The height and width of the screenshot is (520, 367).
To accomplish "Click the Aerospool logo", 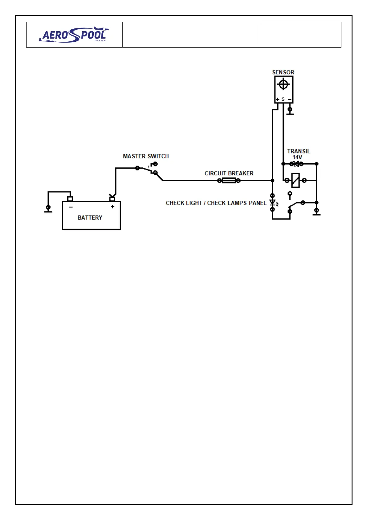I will pos(74,35).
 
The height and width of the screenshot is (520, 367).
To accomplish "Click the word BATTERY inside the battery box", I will pos(90,218).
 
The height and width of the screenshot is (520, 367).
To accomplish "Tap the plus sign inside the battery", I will pos(113,207).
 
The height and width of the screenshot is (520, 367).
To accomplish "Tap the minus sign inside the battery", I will pos(71,207).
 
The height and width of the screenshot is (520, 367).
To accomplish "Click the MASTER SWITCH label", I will pos(146,156).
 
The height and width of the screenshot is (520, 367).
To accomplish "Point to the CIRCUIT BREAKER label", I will pos(229,174).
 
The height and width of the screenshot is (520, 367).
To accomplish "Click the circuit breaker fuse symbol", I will pos(229,181).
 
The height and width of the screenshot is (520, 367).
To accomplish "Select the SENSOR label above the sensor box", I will pos(283,72).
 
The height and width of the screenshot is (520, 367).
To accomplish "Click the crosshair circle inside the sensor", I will pos(283,84).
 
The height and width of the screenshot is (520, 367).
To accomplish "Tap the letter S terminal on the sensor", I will pos(283,99).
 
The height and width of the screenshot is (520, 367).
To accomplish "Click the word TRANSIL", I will pos(299,151).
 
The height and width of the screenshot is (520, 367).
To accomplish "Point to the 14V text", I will pos(297,157).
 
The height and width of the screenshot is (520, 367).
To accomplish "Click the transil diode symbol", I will pos(296,164).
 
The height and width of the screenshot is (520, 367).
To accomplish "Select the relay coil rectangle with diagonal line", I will pos(295,180).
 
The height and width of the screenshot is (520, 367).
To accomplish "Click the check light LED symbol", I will pos(273,203).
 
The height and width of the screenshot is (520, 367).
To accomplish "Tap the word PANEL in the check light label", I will pos(258,203).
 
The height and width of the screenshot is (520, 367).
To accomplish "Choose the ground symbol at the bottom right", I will pos(316,212).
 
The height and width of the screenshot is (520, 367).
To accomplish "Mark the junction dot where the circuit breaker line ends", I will pos(272,181).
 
